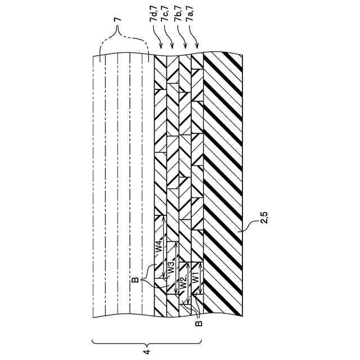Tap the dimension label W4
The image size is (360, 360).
[159, 246]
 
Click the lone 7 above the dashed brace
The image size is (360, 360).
[117, 19]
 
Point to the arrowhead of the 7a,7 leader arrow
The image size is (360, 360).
[197, 48]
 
